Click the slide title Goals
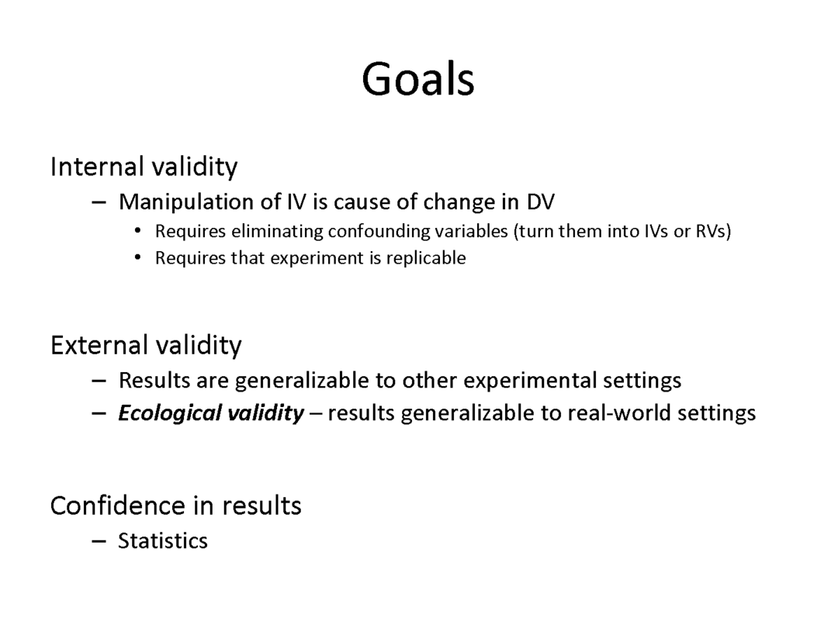coord(418,79)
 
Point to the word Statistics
coord(163,541)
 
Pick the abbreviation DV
coord(540,202)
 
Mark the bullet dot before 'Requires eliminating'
coord(138,231)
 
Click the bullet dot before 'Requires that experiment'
coord(138,258)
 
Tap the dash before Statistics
coord(99,541)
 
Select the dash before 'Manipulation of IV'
coord(99,202)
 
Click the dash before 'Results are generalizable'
coord(99,381)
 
